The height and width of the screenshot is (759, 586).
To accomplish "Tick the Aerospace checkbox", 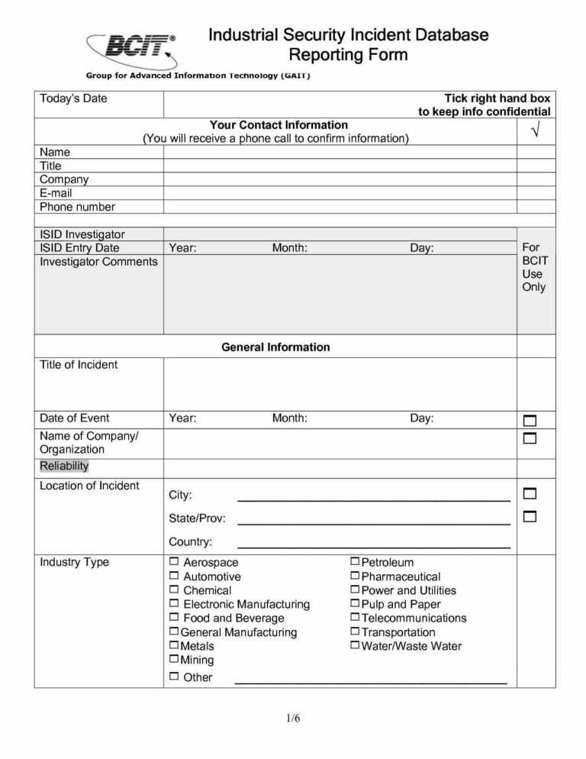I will (174, 562).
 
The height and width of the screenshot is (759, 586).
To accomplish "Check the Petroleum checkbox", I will (355, 562).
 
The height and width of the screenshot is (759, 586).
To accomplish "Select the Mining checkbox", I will (174, 659).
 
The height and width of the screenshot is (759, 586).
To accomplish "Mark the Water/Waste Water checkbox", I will (355, 645).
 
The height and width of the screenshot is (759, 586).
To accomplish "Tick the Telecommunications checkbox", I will (355, 617).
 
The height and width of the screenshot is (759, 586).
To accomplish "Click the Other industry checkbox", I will (174, 677).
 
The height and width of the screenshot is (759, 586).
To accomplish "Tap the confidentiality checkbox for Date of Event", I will (530, 421).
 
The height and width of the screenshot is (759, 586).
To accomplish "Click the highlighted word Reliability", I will (64, 467).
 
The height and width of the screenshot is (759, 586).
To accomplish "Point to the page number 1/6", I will (293, 718).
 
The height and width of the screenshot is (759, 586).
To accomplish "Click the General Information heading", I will (275, 347).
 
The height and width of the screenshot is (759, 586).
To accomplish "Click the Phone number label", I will (77, 207).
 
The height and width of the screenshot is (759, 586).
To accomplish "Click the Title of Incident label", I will (79, 365).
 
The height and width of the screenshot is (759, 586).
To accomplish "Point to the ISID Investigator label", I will (82, 234).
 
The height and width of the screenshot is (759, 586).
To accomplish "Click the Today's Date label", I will (73, 99).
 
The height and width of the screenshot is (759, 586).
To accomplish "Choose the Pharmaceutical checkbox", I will (355, 576).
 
